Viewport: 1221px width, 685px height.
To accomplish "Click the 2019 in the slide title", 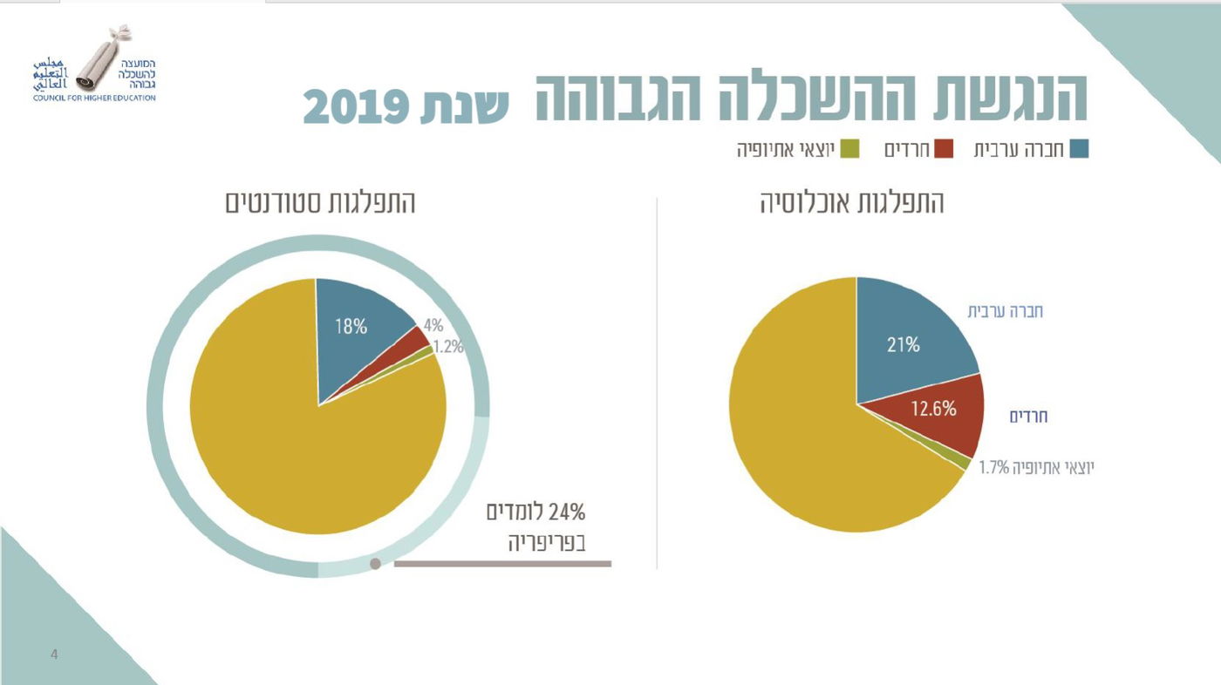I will point(357,106).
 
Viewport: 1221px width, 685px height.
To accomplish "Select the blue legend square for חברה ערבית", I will point(1079,149).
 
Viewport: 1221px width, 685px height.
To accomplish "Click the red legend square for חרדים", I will point(943,149).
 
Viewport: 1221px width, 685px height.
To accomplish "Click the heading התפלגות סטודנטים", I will point(320,203).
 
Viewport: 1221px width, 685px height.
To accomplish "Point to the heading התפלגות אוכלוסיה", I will point(851,203).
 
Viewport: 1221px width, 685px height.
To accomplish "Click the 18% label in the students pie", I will point(351,327).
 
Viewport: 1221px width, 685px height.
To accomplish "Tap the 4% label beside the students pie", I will point(433,326).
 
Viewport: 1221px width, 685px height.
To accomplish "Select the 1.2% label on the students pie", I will point(448,346).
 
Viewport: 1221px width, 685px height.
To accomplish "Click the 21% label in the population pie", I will point(904,344).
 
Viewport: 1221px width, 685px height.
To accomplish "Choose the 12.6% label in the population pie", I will point(934,408).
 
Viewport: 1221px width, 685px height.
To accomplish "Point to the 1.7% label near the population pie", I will point(993,468).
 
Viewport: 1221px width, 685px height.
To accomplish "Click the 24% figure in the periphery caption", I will point(566,512).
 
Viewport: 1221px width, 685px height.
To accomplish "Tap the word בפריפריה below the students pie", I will point(547,544).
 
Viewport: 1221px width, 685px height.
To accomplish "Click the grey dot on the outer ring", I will point(375,564).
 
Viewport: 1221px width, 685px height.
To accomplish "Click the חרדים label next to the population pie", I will point(1028,417).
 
